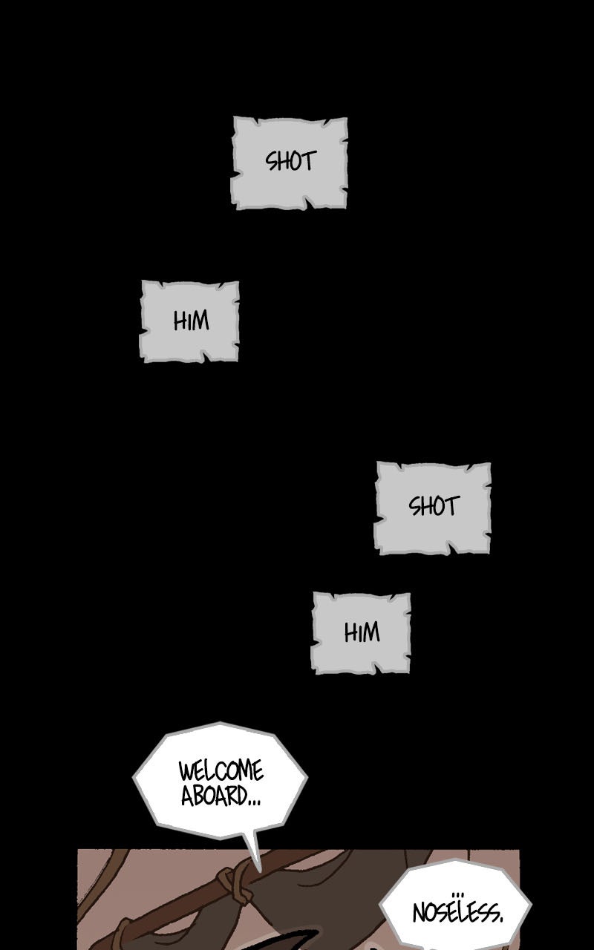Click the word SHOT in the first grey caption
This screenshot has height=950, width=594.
(x=290, y=161)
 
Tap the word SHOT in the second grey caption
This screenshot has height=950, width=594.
(x=434, y=506)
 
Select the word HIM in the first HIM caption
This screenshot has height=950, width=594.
(x=191, y=321)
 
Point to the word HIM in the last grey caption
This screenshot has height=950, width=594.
(x=362, y=632)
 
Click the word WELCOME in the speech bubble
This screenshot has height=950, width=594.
(x=221, y=770)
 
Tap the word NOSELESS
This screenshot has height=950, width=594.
(x=456, y=912)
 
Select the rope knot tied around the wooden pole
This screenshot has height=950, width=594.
(x=233, y=884)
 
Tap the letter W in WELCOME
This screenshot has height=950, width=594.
(x=186, y=770)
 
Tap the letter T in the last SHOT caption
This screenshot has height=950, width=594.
(x=451, y=506)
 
